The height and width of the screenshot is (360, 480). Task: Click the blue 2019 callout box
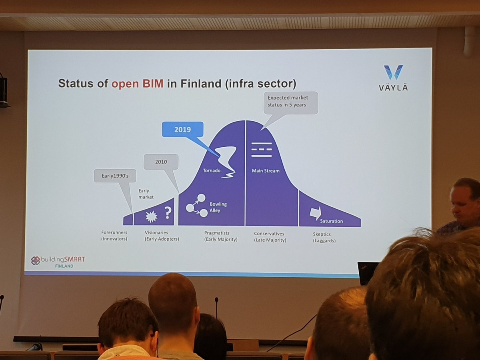[182, 130]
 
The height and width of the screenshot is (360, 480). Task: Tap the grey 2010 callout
[161, 162]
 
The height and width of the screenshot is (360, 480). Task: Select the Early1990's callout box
[115, 176]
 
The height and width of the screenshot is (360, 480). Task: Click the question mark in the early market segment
[168, 213]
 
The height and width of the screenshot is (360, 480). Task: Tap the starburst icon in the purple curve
[151, 216]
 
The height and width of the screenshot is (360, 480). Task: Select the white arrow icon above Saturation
[315, 213]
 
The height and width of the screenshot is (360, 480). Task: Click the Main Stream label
[265, 171]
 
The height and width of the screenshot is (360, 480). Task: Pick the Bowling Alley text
[218, 207]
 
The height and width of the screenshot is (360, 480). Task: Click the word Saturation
[331, 221]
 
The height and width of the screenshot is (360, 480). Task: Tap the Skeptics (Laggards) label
[324, 238]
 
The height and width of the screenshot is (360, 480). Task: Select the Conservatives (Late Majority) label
[270, 236]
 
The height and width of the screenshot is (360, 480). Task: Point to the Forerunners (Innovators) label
[114, 236]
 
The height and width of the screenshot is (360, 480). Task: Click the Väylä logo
[393, 78]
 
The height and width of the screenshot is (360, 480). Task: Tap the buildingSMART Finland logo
[58, 262]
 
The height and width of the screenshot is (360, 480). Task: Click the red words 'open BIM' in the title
[137, 84]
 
